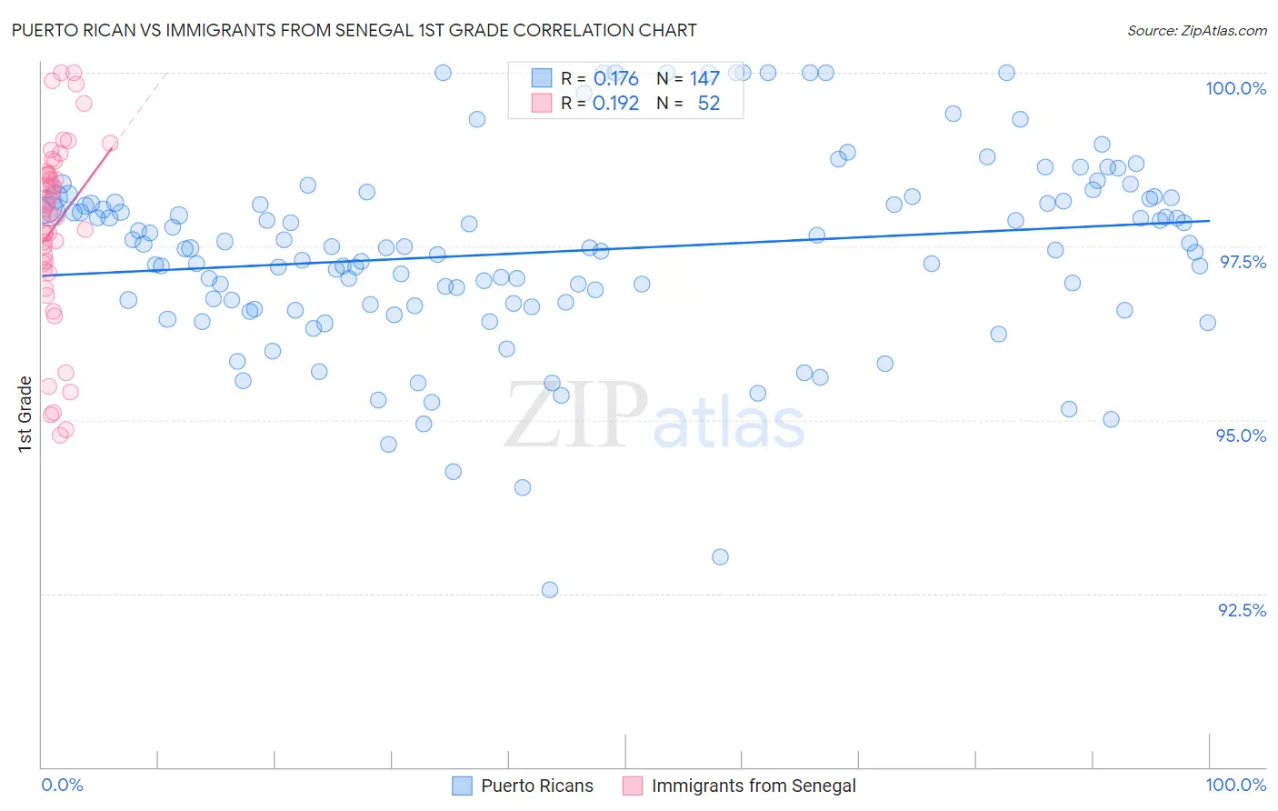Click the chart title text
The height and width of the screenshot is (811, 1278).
[354, 30]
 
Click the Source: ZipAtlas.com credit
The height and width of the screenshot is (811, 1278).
[1196, 30]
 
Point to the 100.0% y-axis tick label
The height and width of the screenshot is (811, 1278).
[1235, 88]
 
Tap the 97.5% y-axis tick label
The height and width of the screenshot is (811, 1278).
[1242, 262]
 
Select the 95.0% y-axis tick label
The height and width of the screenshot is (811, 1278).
[1241, 436]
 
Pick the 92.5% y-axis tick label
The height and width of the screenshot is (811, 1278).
[1242, 610]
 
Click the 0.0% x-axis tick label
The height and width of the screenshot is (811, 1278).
[62, 785]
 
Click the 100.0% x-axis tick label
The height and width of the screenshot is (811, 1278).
[1235, 785]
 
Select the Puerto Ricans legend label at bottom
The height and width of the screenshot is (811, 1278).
[536, 786]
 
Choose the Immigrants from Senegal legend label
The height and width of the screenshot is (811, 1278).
[754, 786]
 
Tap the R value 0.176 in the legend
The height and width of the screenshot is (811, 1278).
[615, 79]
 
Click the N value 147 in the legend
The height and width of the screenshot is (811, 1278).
[704, 79]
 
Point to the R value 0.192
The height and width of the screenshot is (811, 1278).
[615, 104]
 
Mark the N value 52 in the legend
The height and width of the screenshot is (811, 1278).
[708, 104]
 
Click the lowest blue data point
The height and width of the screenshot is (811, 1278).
[550, 590]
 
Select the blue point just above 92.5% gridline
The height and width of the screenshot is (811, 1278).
[720, 556]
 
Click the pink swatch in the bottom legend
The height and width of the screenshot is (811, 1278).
[633, 786]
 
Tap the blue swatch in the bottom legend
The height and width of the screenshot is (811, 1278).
[462, 786]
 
